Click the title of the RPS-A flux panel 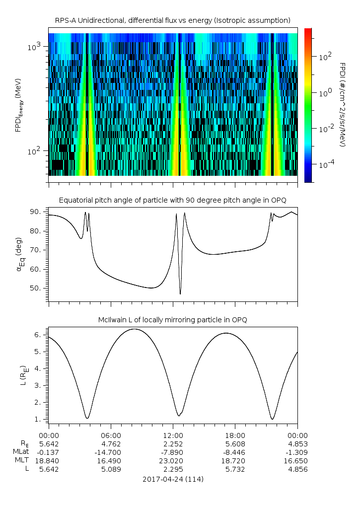173,20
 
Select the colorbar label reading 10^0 325,92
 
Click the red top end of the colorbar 308,31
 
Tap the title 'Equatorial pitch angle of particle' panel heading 173,200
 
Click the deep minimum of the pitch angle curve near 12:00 180,294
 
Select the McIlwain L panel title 173,320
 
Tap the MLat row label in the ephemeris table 21,452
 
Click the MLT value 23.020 173,460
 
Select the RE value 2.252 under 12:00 173,443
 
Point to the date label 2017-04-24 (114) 173,479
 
